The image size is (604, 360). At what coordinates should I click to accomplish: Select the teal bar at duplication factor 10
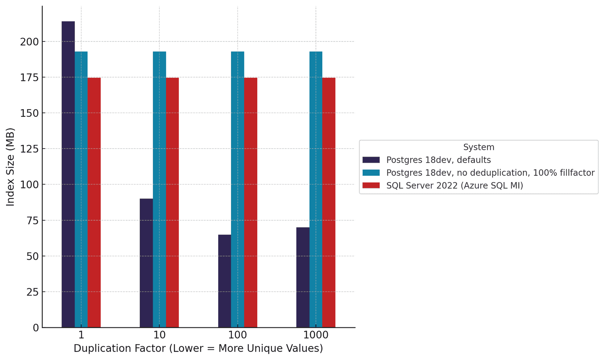[159, 189]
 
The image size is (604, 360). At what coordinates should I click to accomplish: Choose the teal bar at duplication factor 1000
[316, 189]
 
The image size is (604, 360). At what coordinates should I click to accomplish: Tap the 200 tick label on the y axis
[29, 42]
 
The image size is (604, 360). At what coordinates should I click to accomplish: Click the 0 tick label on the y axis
[36, 328]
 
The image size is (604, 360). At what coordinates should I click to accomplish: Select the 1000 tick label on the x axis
[316, 335]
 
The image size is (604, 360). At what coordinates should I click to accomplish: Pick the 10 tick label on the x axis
[159, 335]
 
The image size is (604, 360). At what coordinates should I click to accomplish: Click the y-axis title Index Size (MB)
[10, 167]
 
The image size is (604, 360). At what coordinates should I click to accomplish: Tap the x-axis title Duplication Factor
[198, 349]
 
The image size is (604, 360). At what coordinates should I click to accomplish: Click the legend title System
[478, 147]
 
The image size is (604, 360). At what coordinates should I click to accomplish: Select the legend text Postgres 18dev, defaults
[439, 160]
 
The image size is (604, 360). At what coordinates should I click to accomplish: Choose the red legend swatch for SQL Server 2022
[371, 186]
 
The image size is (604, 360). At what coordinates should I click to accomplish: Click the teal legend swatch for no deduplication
[371, 173]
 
